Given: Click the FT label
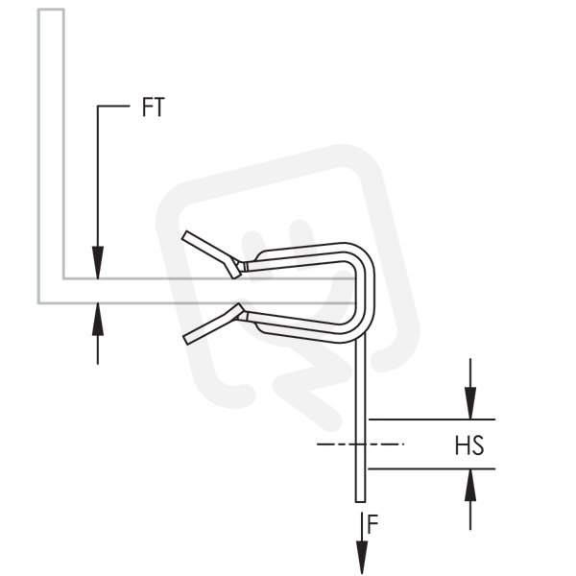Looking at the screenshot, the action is pyautogui.click(x=154, y=108).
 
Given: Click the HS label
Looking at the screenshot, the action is pyautogui.click(x=469, y=445).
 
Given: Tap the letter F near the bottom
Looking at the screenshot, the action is pyautogui.click(x=372, y=524).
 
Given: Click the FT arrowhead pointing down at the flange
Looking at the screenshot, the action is pyautogui.click(x=98, y=262).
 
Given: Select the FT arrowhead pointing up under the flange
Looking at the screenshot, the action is pyautogui.click(x=98, y=319).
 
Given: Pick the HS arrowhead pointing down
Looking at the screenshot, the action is pyautogui.click(x=470, y=403).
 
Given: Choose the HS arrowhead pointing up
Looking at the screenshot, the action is pyautogui.click(x=470, y=485).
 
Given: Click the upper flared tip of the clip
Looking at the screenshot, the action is pyautogui.click(x=184, y=235).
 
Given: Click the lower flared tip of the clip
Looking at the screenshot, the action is pyautogui.click(x=186, y=340).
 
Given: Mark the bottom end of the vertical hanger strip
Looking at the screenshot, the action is pyautogui.click(x=360, y=502).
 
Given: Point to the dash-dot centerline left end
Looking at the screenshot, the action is pyautogui.click(x=318, y=444).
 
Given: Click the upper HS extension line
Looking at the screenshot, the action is pyautogui.click(x=432, y=420).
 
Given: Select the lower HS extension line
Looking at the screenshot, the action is pyautogui.click(x=432, y=469).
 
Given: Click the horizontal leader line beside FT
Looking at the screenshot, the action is pyautogui.click(x=113, y=107).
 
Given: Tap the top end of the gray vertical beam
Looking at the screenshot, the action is pyautogui.click(x=51, y=10).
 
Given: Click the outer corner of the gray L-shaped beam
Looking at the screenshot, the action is pyautogui.click(x=38, y=303).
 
